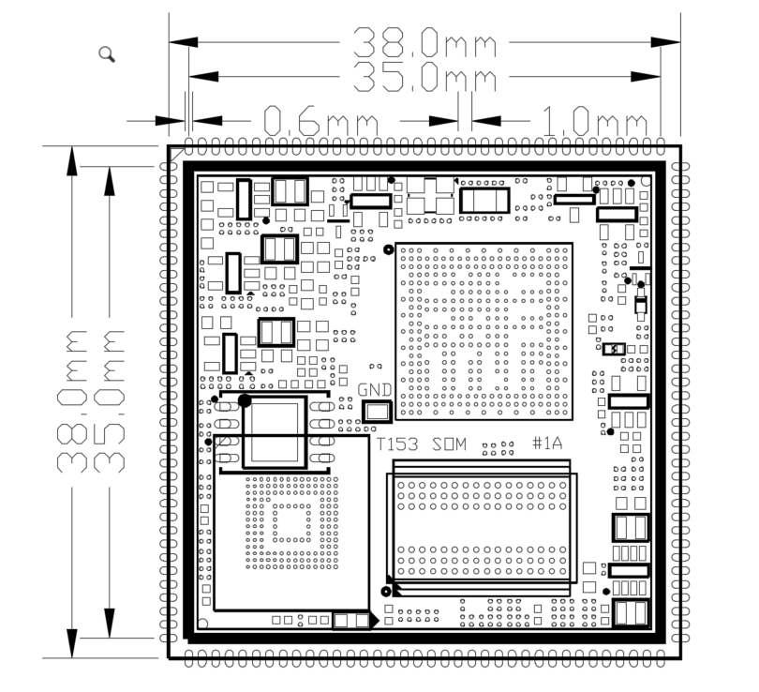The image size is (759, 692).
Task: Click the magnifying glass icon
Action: (x=107, y=54)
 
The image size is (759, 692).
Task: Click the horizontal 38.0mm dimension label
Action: (x=425, y=42)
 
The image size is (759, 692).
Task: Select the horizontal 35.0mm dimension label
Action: (x=425, y=77)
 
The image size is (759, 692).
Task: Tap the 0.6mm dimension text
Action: (x=320, y=121)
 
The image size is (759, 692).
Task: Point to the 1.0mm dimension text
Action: (x=594, y=121)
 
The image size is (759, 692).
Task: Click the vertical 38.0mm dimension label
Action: (x=72, y=401)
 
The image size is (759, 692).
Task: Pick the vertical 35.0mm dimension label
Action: (x=110, y=401)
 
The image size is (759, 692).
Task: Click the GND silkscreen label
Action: (x=375, y=390)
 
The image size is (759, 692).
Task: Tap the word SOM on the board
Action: (x=449, y=444)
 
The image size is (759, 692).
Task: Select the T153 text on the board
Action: (x=397, y=444)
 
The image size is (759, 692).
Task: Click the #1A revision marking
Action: (x=547, y=444)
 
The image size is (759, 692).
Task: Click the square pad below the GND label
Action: (x=377, y=412)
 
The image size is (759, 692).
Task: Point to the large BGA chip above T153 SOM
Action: (x=484, y=331)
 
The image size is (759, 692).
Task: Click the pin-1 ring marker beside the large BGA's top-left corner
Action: (x=388, y=249)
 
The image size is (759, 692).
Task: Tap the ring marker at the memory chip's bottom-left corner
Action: (x=386, y=592)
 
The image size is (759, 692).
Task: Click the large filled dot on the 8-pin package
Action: (x=245, y=400)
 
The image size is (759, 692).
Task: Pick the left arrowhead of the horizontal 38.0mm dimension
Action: (x=184, y=42)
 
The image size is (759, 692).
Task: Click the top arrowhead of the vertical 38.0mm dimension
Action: (x=72, y=160)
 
